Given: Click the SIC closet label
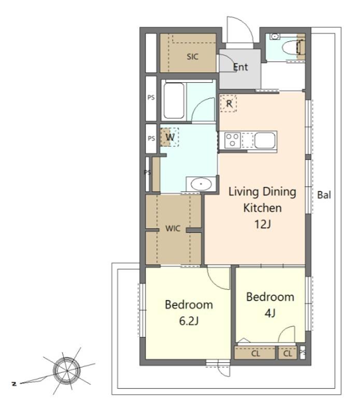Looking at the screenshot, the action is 192,56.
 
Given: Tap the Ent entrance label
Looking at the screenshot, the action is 240,67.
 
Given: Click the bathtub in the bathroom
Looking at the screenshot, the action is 174,100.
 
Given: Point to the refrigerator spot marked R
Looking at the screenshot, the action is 228,103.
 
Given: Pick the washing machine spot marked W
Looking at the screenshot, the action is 170,137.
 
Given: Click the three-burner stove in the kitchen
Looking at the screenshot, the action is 233,140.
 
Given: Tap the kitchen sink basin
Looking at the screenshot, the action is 265,140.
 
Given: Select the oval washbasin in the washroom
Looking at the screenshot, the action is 201,184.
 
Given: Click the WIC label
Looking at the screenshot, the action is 173,228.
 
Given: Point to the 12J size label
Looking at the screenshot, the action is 263,225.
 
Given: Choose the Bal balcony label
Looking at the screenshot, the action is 324,195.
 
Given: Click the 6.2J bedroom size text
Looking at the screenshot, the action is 189,321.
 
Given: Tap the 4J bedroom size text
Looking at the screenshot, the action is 270,313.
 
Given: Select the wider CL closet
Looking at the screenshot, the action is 255,353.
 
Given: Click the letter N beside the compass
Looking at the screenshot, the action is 14,383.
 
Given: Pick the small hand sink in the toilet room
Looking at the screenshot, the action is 275,36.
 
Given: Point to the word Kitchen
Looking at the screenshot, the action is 263,208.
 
